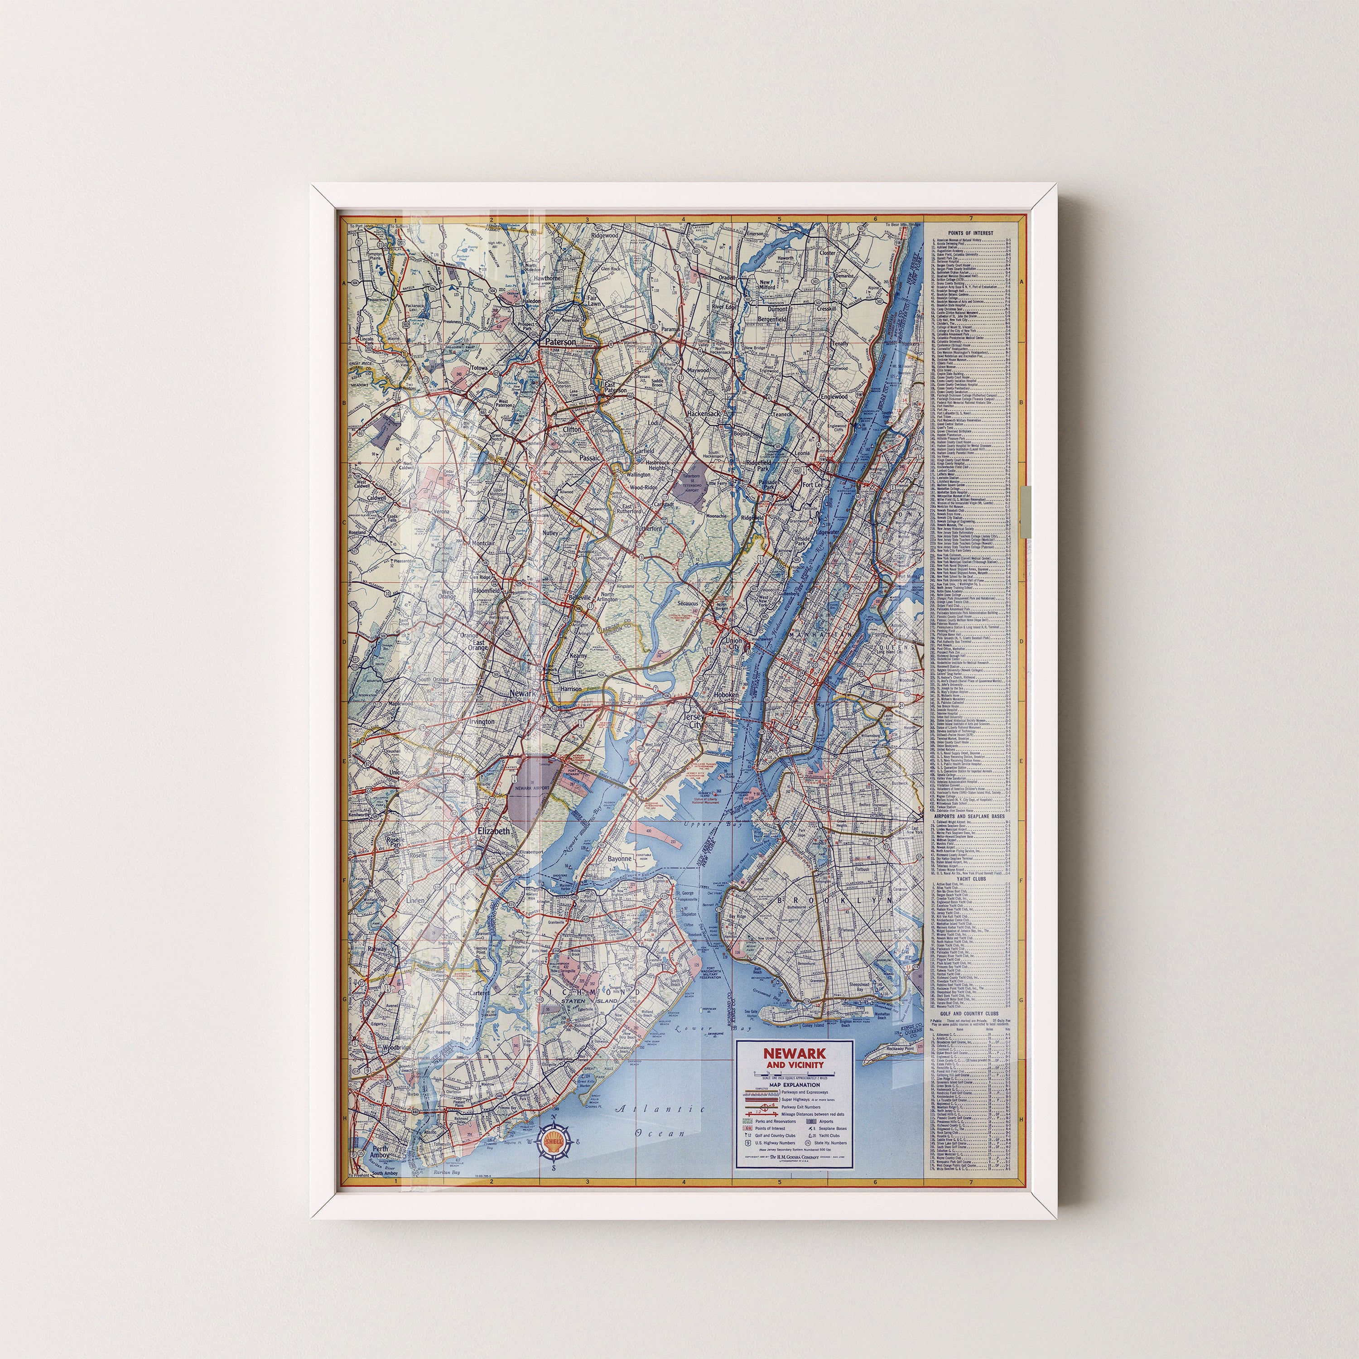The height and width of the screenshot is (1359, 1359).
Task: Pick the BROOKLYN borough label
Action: pyautogui.click(x=834, y=900)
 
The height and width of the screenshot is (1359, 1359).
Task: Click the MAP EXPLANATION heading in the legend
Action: pyautogui.click(x=794, y=1085)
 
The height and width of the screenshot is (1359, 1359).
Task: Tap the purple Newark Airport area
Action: pyautogui.click(x=532, y=784)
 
